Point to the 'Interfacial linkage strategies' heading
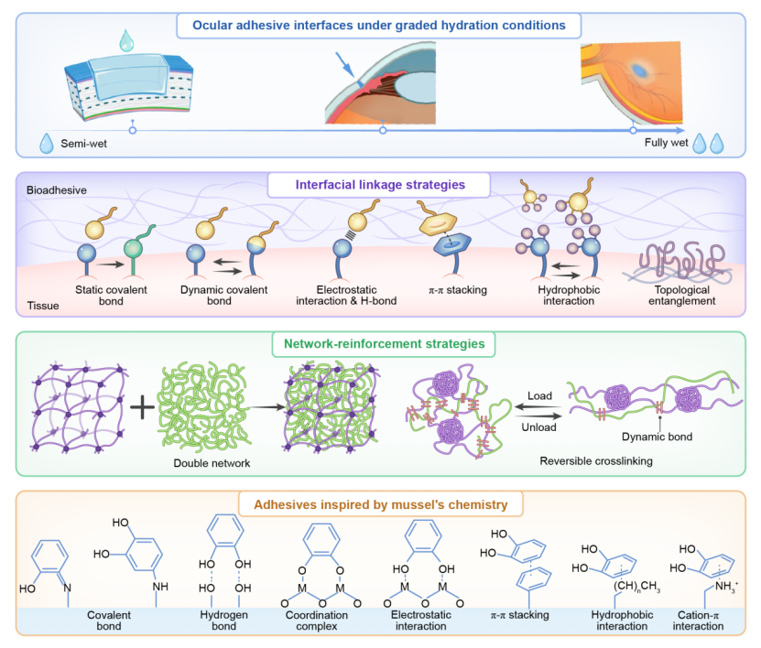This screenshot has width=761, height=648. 379,184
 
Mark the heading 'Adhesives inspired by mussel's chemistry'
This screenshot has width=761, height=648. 380,503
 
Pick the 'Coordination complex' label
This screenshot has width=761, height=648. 322,621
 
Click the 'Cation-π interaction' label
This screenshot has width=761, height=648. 699,621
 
